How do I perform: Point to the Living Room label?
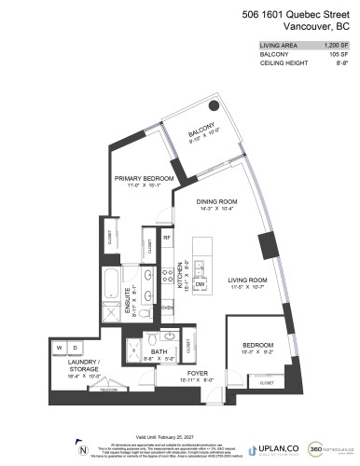pos(248,280)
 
